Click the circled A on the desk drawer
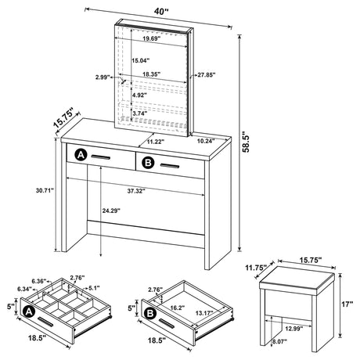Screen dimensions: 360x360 pos(79,157)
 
